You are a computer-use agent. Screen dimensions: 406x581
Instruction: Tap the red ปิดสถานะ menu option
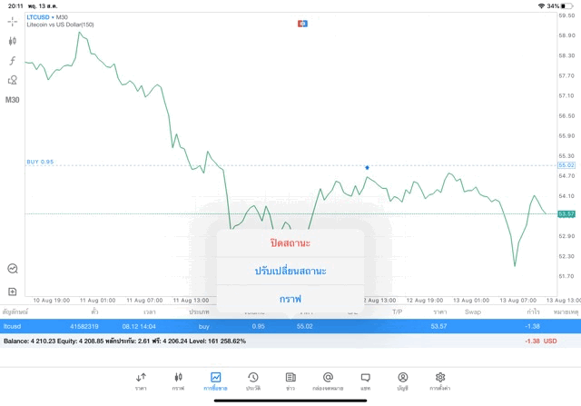[x=290, y=243]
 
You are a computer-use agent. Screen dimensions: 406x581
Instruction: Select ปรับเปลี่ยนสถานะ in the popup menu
[x=290, y=271]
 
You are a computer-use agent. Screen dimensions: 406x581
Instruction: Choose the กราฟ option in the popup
[x=290, y=299]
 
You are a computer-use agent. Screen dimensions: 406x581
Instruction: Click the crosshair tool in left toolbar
[x=13, y=21]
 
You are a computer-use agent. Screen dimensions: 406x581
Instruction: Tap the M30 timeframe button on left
[x=13, y=100]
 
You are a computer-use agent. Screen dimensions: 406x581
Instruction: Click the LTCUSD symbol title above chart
[x=39, y=17]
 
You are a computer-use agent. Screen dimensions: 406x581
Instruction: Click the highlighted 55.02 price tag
[x=566, y=165]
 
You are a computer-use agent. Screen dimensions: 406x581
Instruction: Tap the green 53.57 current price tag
[x=566, y=213]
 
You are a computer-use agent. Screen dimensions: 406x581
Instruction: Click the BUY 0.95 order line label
[x=40, y=162]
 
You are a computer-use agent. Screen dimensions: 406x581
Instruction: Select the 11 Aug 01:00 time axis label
[x=97, y=300]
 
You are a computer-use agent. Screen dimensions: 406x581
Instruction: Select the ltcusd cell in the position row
[x=15, y=325]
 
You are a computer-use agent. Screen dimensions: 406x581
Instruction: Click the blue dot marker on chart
[x=367, y=167]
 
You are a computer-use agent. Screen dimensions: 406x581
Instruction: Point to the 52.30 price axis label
[x=566, y=256]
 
